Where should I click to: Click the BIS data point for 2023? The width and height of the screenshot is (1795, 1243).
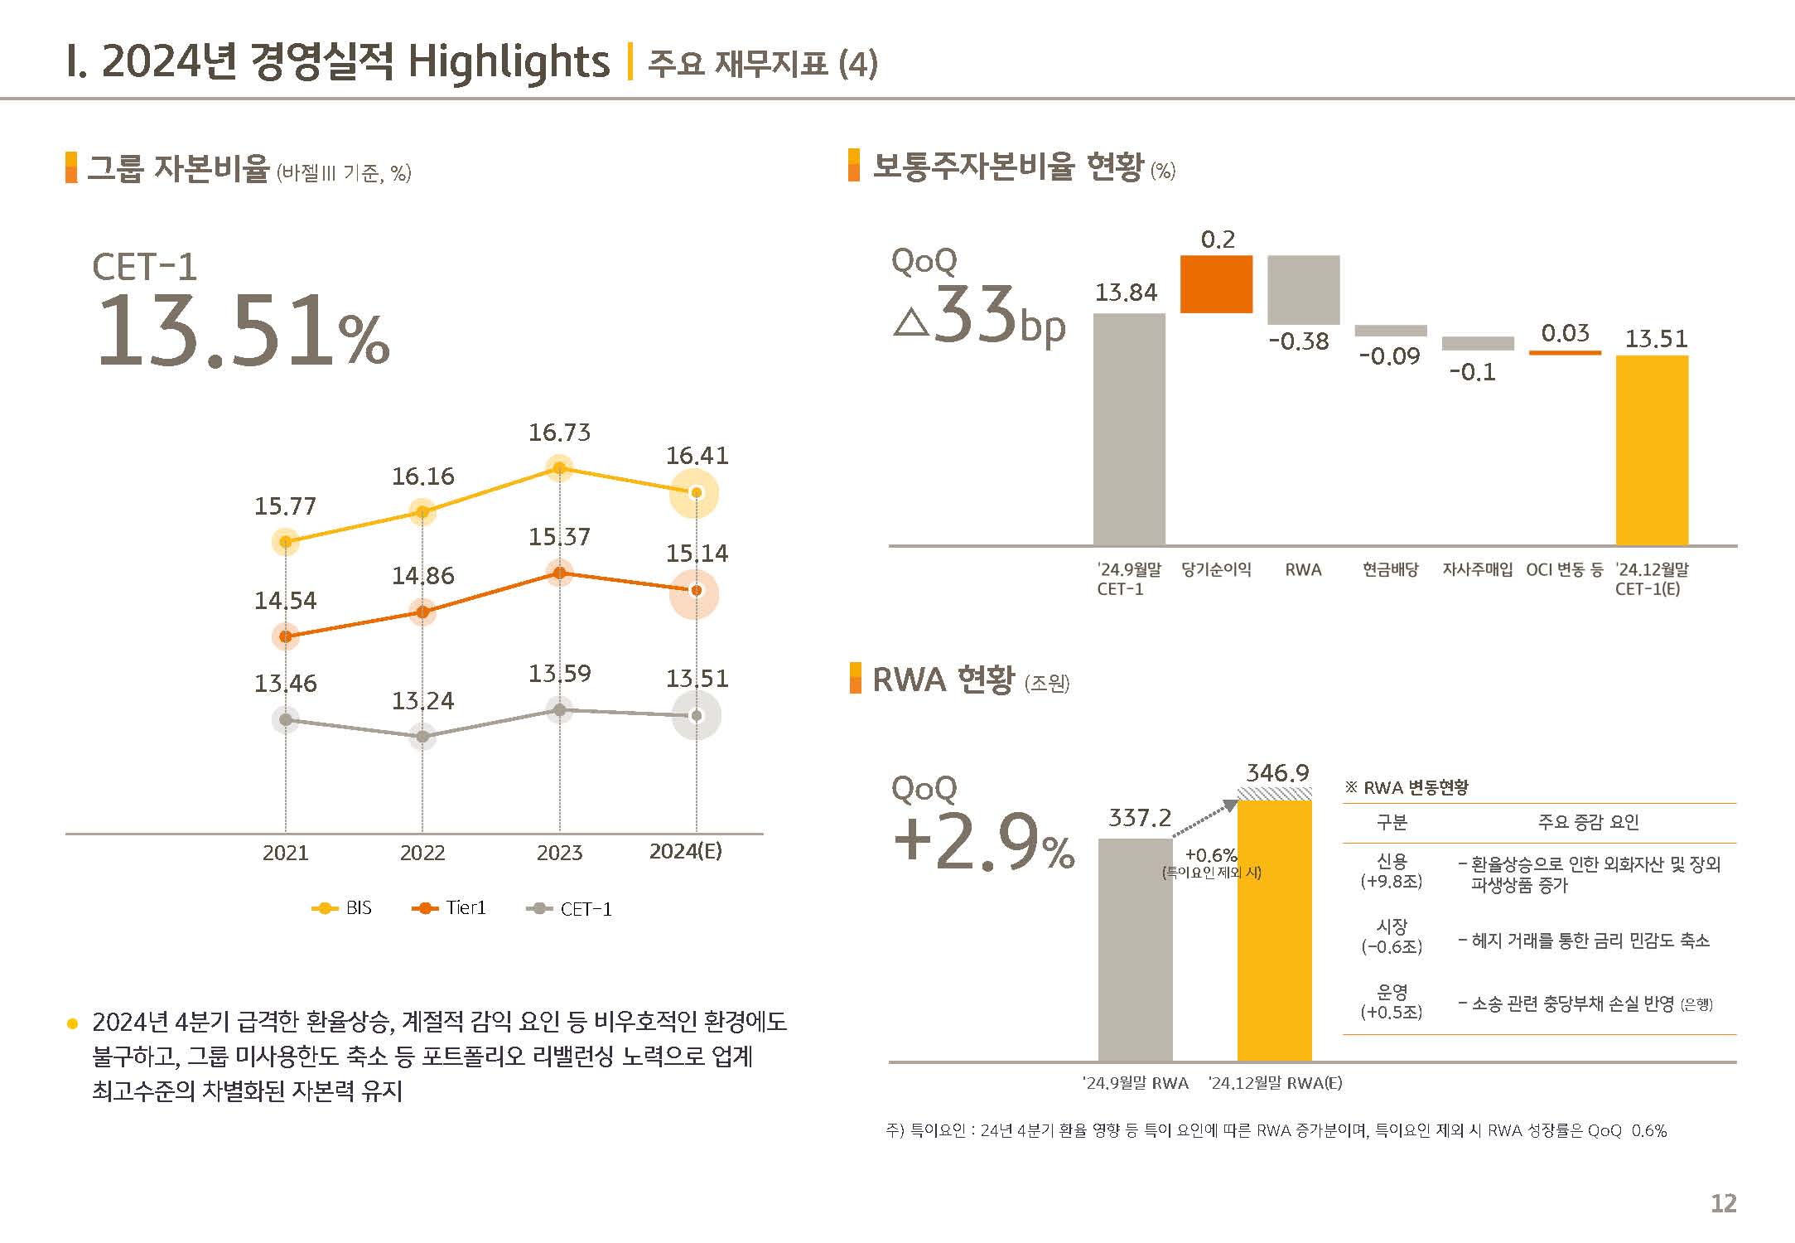click(559, 469)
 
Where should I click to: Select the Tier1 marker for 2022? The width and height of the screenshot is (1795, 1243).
click(422, 612)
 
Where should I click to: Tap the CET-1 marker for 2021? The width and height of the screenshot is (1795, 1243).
click(286, 719)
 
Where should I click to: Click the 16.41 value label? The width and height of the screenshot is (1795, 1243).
click(697, 456)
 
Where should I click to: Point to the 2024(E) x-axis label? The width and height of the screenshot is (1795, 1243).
click(685, 852)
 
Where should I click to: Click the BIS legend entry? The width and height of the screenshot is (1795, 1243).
click(341, 908)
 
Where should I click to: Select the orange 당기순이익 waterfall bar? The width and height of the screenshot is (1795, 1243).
click(1216, 284)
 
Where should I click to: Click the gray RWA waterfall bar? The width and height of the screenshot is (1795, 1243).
click(1303, 290)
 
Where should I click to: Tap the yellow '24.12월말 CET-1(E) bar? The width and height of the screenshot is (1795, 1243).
click(1652, 450)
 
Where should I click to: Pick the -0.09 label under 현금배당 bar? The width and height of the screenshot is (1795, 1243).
click(1389, 356)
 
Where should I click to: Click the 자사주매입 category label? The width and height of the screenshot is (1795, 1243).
click(1477, 570)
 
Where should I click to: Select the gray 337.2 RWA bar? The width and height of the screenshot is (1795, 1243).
click(1135, 949)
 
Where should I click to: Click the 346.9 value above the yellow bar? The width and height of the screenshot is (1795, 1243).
click(1277, 773)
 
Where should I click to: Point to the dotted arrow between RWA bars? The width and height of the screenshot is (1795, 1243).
click(1203, 820)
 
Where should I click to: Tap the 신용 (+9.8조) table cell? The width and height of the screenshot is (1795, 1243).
click(1392, 871)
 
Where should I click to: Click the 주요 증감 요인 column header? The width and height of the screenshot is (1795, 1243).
click(1588, 822)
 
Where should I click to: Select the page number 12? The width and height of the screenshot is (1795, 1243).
click(1723, 1203)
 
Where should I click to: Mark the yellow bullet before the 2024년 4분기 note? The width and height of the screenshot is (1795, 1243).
click(72, 1024)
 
